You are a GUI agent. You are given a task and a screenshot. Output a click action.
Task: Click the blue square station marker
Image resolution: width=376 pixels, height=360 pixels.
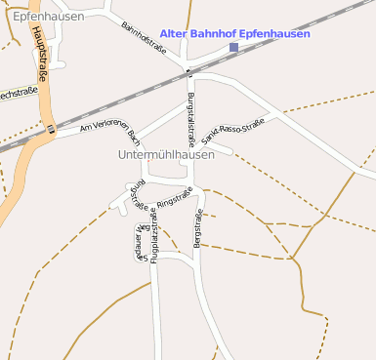pyautogui.click(x=233, y=48)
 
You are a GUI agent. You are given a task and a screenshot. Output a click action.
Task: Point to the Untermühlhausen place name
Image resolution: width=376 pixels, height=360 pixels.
pyautogui.click(x=165, y=154)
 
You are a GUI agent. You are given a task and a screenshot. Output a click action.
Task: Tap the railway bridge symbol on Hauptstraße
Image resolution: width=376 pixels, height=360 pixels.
pyautogui.click(x=50, y=128)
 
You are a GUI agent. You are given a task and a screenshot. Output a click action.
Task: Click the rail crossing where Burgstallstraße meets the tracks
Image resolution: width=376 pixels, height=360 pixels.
pyautogui.click(x=189, y=71)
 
